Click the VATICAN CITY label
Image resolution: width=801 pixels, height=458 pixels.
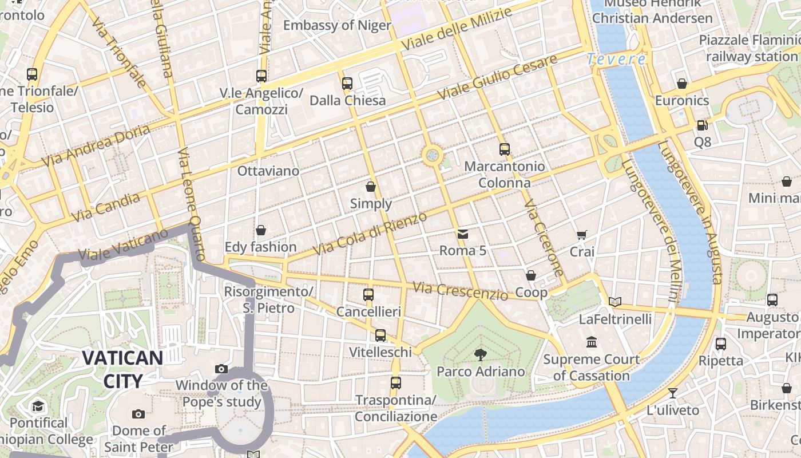(122, 369)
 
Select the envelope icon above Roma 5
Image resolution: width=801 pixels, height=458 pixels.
(462, 234)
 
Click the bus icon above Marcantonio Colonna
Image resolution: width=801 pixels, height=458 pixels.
(504, 149)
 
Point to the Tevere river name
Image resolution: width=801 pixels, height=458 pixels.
(616, 59)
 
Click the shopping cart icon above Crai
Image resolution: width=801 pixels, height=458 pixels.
(582, 234)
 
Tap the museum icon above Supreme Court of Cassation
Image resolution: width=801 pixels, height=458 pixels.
(592, 342)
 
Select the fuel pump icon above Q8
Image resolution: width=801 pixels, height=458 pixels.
(702, 124)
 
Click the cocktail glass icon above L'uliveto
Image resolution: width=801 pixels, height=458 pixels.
(673, 393)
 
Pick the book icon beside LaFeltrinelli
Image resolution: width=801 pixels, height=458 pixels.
(615, 302)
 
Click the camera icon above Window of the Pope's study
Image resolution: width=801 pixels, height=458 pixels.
(221, 369)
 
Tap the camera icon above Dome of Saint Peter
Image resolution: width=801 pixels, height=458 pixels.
(138, 414)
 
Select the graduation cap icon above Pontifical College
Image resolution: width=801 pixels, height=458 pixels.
(38, 406)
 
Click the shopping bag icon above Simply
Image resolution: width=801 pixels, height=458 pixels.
(371, 187)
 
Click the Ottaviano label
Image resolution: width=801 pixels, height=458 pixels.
(268, 171)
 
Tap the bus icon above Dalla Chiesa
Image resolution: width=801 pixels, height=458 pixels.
(347, 84)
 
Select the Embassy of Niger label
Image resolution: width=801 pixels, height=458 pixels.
(337, 25)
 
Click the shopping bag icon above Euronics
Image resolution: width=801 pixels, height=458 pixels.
(682, 84)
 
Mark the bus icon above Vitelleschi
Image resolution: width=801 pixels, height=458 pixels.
(380, 335)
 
